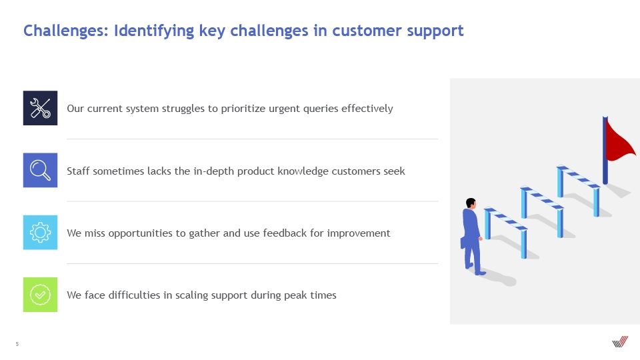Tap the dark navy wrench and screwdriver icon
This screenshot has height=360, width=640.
[41, 108]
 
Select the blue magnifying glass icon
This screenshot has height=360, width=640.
[41, 170]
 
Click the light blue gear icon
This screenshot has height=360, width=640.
[41, 233]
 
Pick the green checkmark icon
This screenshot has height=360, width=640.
[41, 295]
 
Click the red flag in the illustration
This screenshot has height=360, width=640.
[619, 141]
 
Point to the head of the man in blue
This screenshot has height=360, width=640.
[471, 203]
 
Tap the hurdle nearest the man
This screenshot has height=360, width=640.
[506, 232]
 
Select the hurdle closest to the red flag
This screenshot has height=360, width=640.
[579, 190]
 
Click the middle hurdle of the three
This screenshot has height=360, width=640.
[543, 211]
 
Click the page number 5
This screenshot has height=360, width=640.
[17, 344]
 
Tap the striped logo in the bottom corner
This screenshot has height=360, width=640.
[620, 341]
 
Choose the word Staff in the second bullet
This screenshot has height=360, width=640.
[78, 171]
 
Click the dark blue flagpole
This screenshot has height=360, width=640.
[605, 150]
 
